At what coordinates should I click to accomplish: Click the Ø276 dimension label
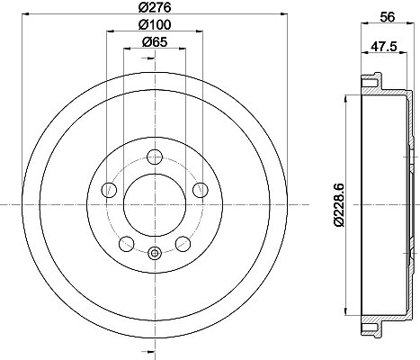click(x=155, y=7)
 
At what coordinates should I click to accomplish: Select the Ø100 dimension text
click(x=155, y=24)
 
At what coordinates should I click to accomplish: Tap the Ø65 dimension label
click(x=155, y=42)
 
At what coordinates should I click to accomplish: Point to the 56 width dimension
click(x=388, y=17)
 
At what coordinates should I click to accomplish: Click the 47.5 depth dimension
click(x=384, y=47)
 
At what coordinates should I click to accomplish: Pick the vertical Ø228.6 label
click(x=340, y=205)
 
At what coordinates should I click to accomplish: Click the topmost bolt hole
click(x=155, y=157)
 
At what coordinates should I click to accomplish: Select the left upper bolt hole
click(x=110, y=190)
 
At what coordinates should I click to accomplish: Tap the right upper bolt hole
click(x=201, y=190)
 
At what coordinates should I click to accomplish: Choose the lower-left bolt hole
click(x=127, y=244)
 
